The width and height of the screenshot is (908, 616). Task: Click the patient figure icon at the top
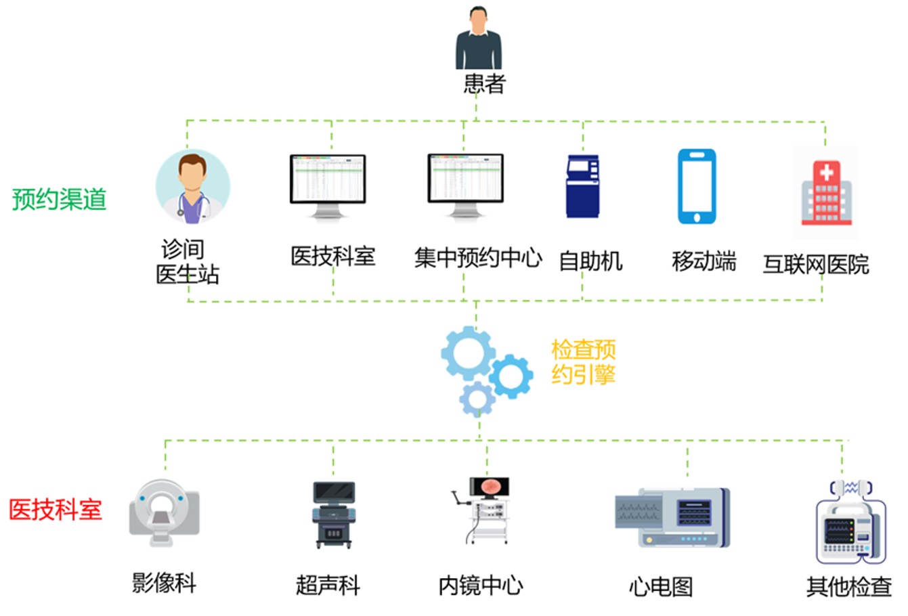479,39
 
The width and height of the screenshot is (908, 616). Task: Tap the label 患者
484,84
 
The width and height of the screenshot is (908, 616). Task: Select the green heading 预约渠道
60,200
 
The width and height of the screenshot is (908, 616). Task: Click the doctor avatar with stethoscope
193,188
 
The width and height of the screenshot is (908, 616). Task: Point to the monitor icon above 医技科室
328,185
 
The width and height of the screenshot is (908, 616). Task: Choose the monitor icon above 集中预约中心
466,185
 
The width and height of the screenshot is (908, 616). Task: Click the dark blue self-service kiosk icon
582,186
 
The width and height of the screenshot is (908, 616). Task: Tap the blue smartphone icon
697,187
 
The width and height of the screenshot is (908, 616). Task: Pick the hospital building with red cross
825,194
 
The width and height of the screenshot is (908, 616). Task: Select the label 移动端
704,261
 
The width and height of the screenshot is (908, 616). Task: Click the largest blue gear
467,353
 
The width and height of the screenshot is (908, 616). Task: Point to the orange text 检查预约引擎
583,362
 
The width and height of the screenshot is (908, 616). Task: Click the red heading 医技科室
56,509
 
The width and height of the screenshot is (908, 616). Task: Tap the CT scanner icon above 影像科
165,512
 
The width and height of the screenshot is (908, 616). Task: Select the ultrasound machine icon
333,514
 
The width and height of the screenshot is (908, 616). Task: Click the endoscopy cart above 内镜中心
485,510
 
